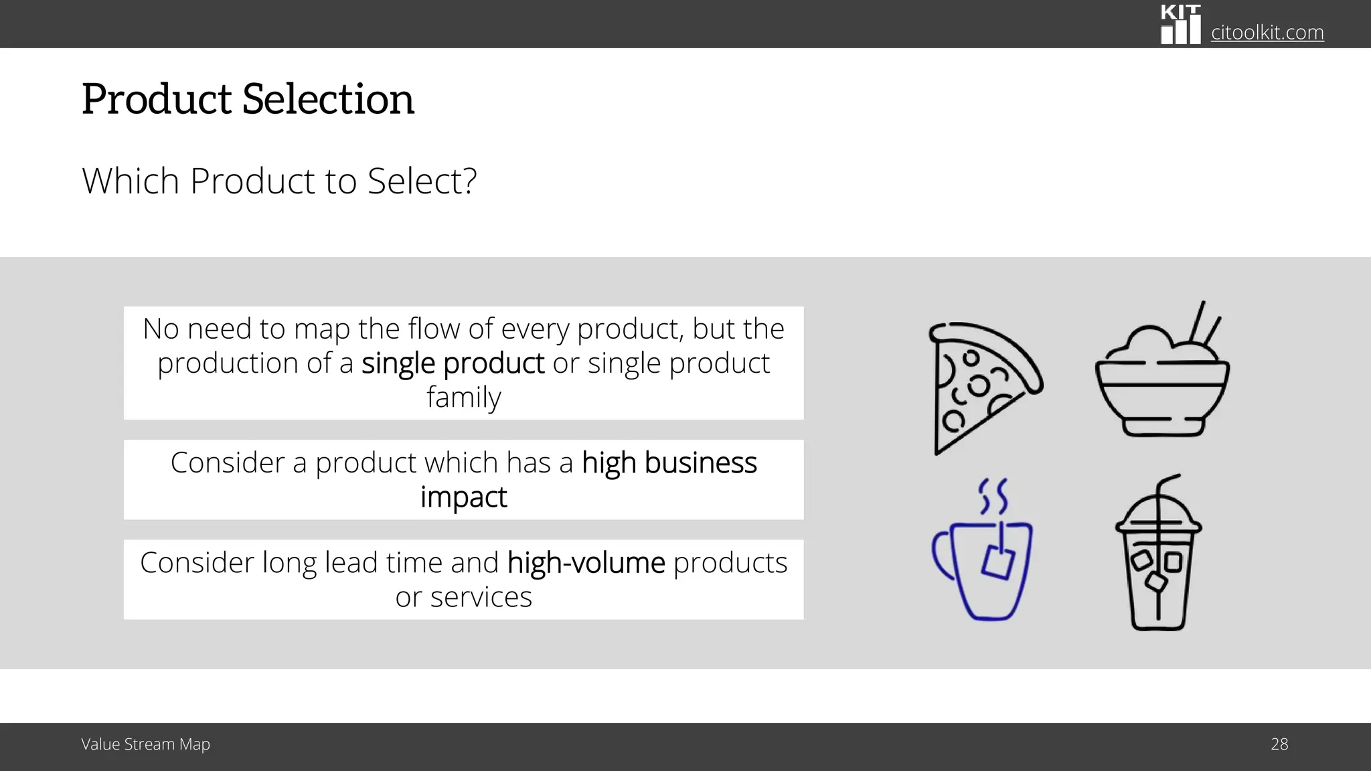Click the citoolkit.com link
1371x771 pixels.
1267,32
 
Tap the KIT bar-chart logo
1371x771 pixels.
1180,25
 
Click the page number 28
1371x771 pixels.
1279,744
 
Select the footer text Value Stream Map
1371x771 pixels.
145,744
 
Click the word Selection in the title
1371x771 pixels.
328,99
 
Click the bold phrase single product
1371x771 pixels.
453,363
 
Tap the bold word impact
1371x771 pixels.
463,497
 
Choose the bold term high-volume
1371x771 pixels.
586,563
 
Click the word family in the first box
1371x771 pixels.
463,397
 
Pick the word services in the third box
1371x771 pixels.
481,597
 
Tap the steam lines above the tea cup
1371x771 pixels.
993,496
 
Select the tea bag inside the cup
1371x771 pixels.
997,560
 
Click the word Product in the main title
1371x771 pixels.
157,99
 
